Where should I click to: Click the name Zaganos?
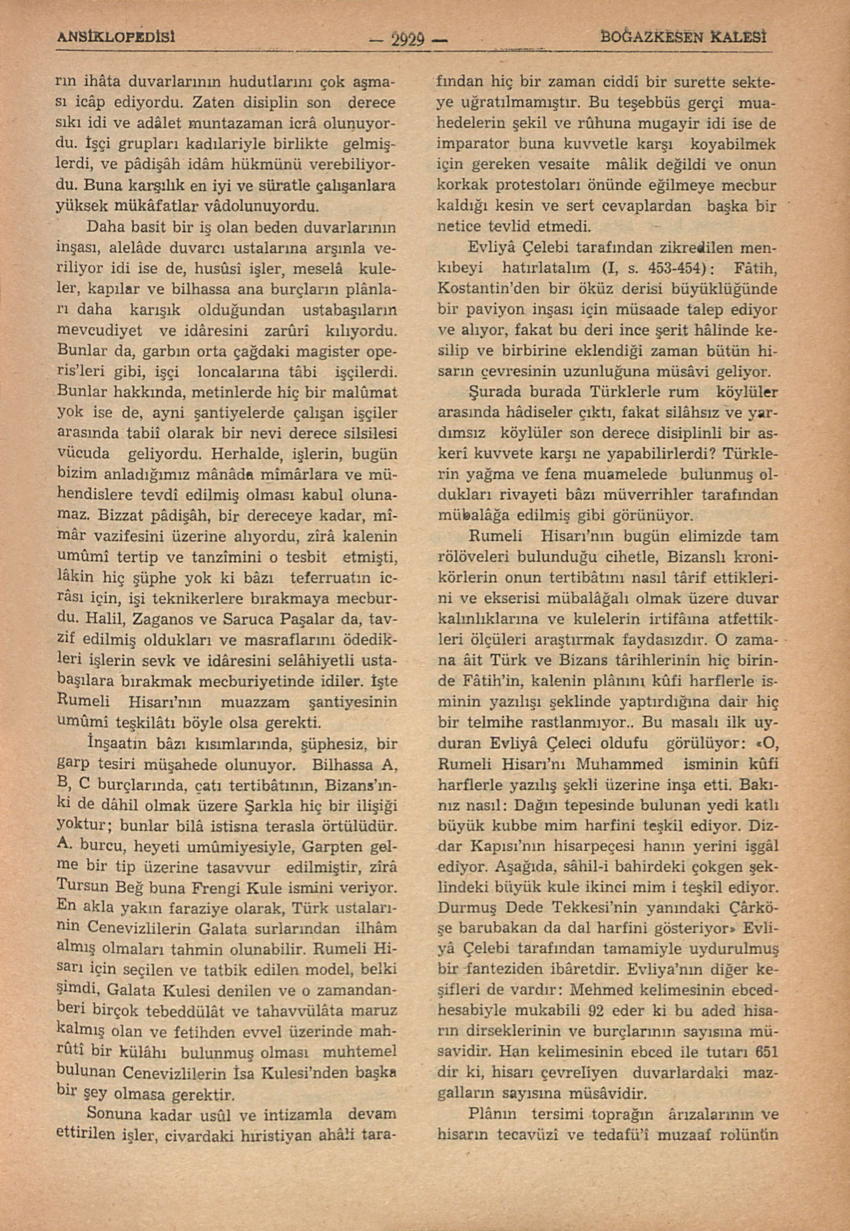coord(158,621)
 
